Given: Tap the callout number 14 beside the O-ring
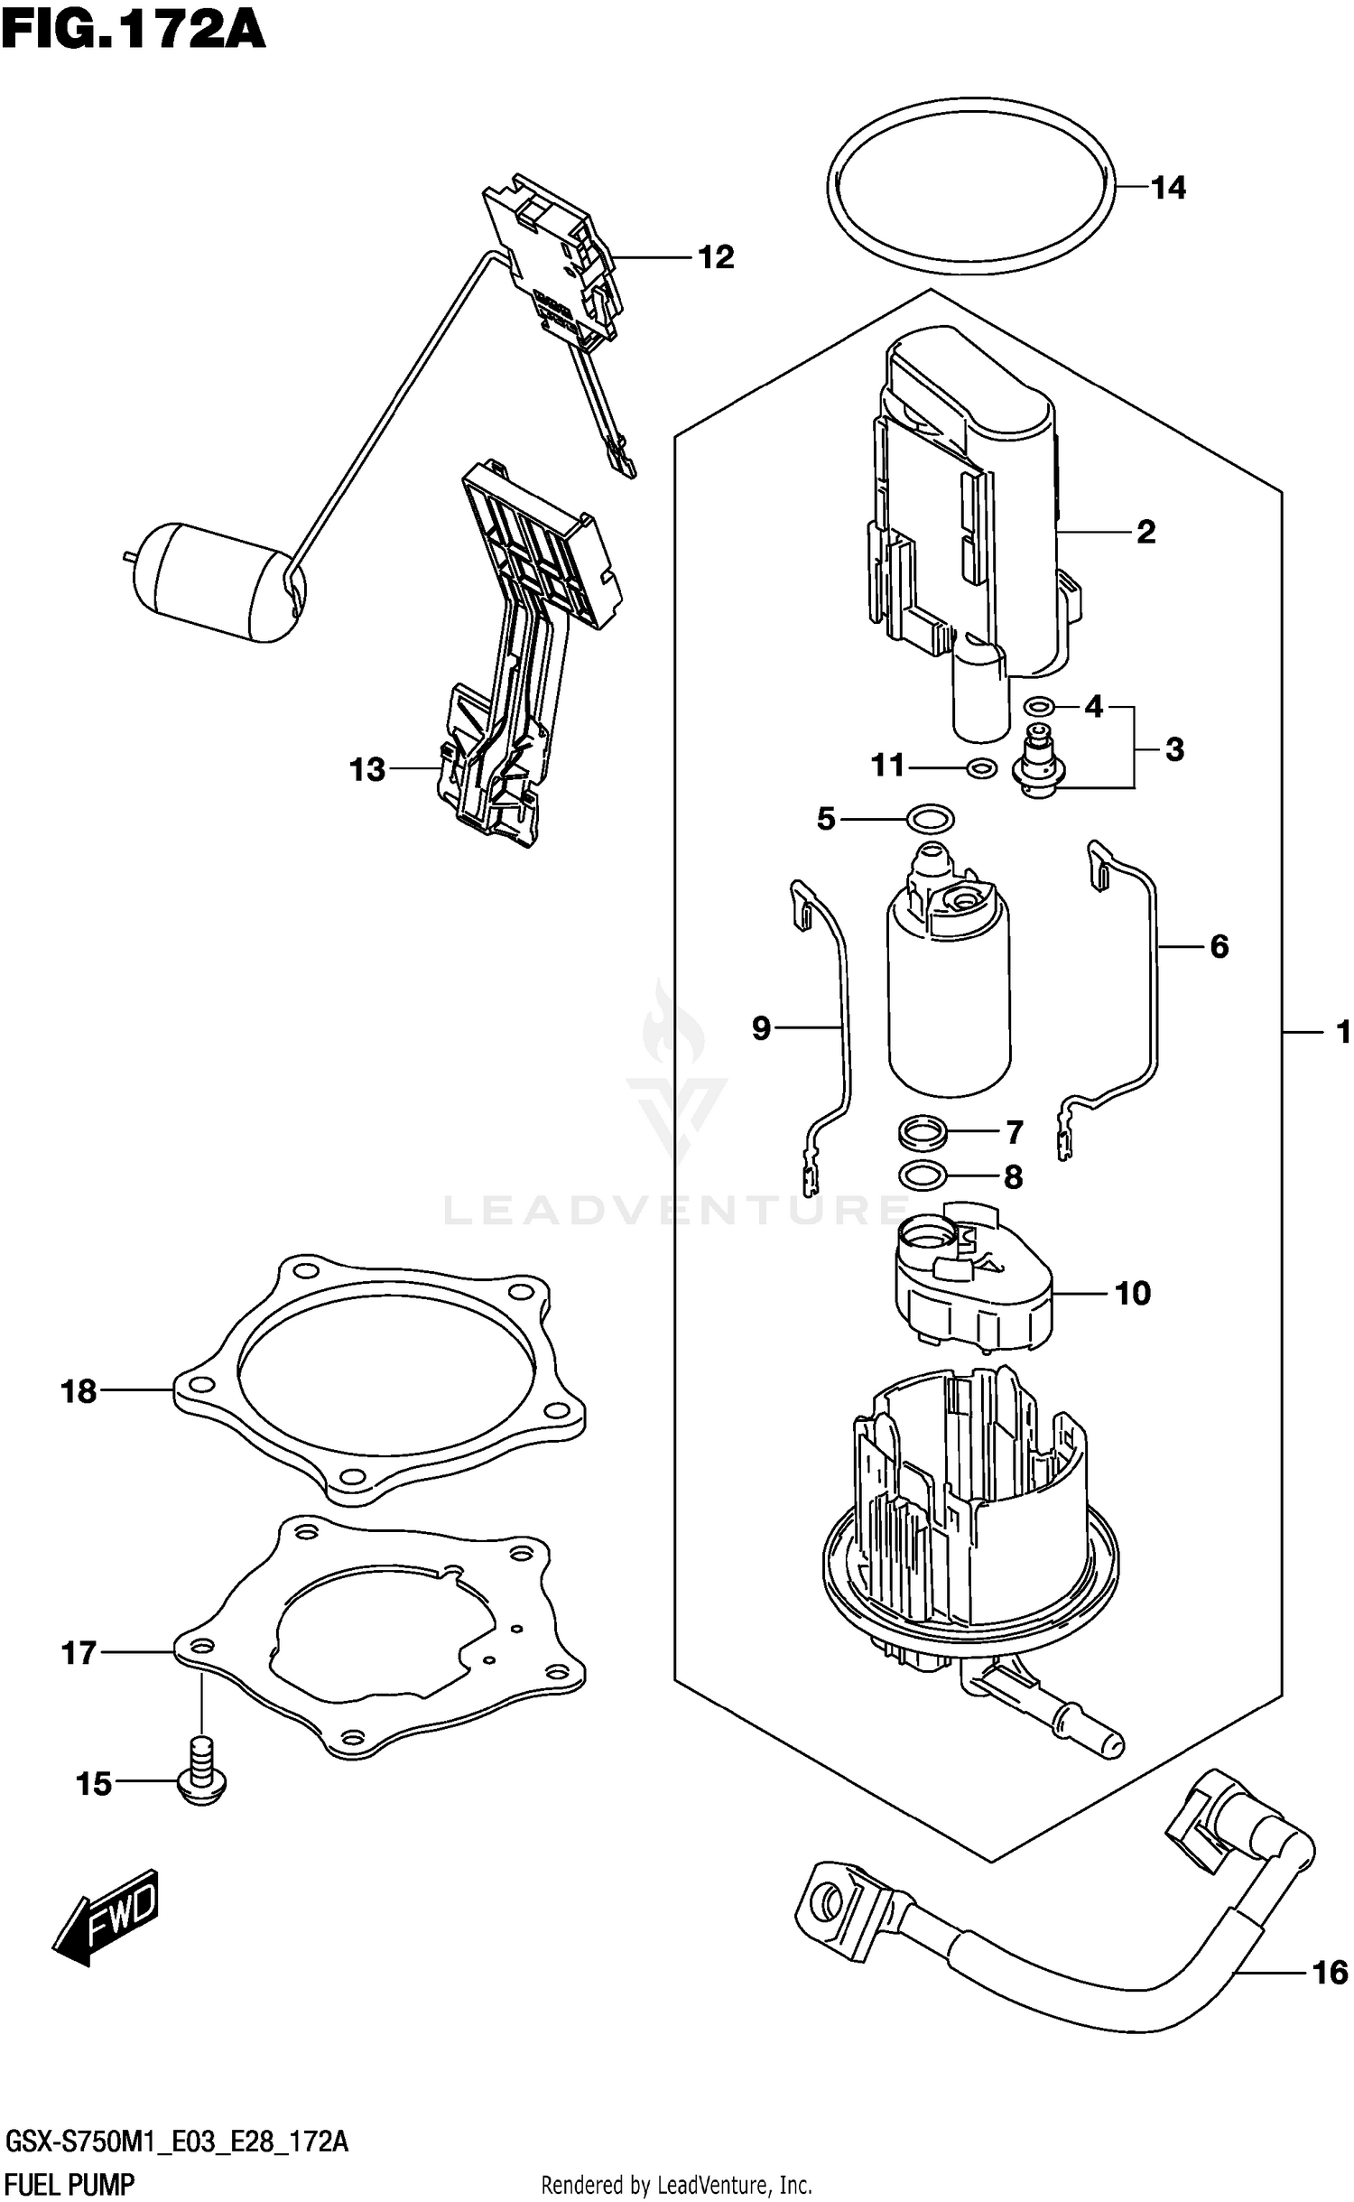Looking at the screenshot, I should [1168, 188].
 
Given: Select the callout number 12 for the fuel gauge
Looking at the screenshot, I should [717, 257].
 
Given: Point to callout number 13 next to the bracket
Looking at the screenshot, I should [367, 769].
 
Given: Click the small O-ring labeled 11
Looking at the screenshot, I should [981, 768].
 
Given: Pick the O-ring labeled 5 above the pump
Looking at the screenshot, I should [929, 819].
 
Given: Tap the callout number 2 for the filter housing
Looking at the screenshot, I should [1145, 532].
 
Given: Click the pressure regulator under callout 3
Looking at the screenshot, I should [1041, 764].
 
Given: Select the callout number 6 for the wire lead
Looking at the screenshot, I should [1219, 946].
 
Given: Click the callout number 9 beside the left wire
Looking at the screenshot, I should [762, 1027].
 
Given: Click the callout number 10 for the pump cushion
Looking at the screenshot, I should [1133, 1294].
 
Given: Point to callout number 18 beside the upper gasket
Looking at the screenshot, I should [79, 1391].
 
